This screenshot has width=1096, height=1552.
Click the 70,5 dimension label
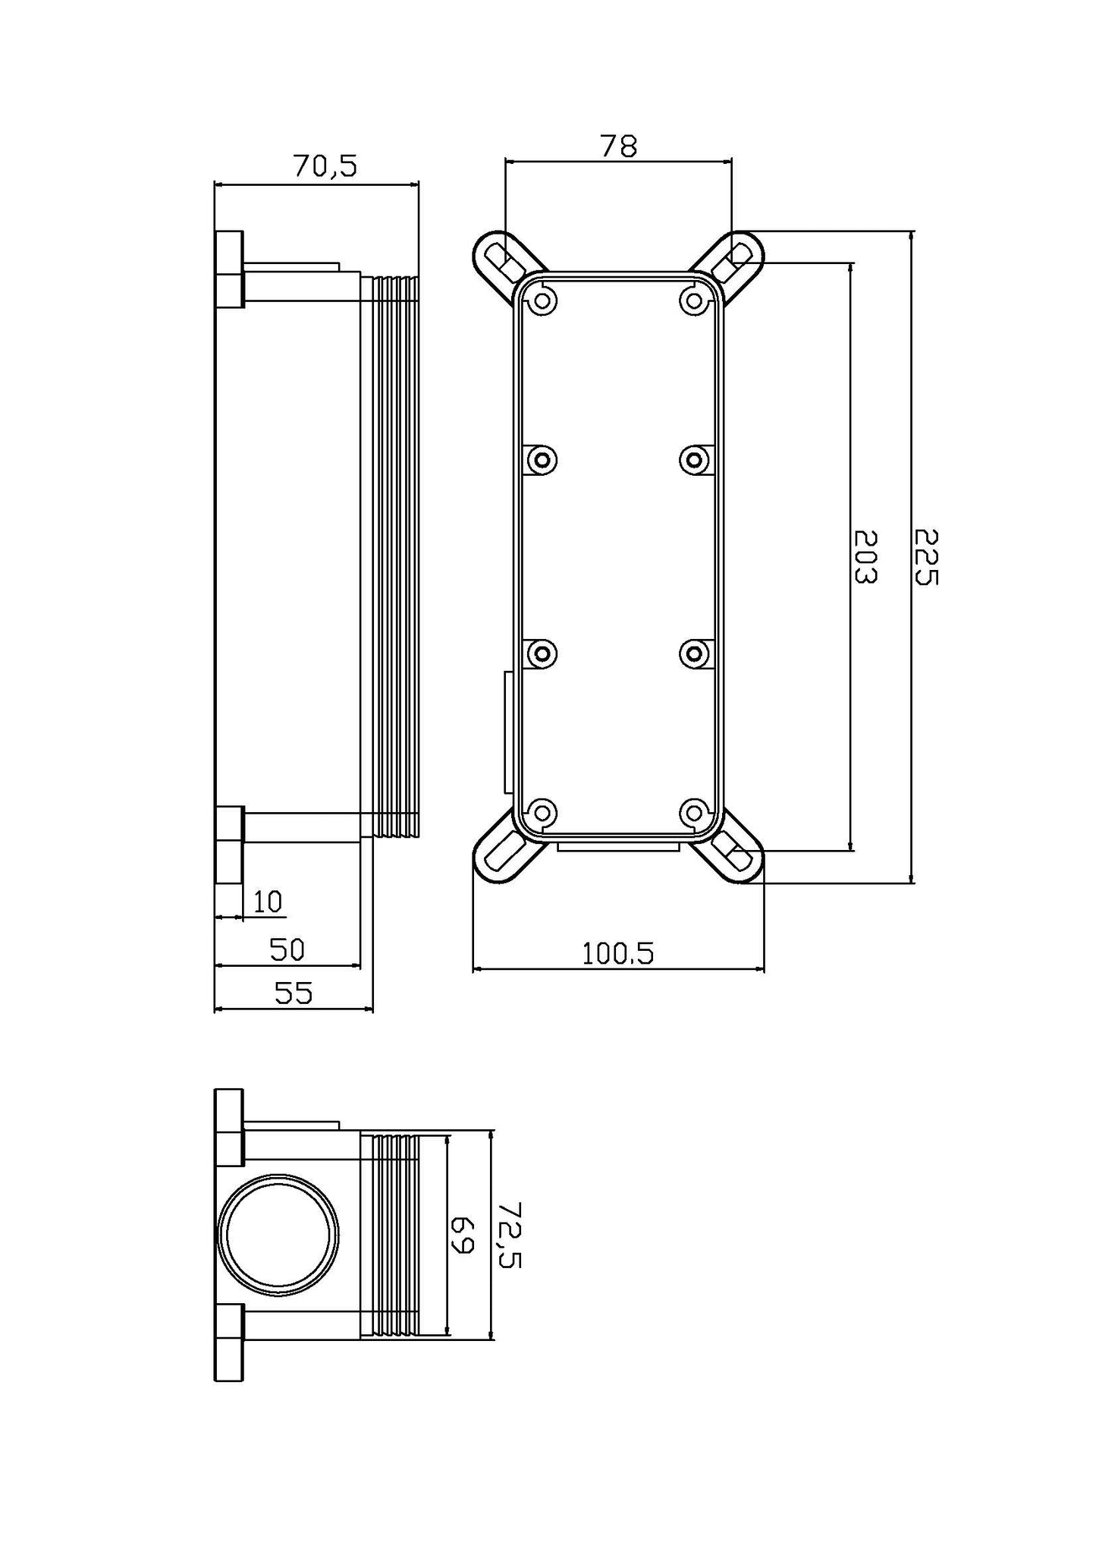[x=325, y=166]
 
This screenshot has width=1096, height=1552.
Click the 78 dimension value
[x=618, y=146]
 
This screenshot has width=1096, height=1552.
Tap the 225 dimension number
[x=926, y=557]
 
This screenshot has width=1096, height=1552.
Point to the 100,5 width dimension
[x=617, y=953]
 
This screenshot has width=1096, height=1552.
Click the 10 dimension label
[x=268, y=902]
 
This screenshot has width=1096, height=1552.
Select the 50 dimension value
[x=287, y=949]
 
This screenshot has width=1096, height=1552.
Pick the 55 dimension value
[x=293, y=993]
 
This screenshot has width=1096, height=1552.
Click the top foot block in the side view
[x=229, y=269]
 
